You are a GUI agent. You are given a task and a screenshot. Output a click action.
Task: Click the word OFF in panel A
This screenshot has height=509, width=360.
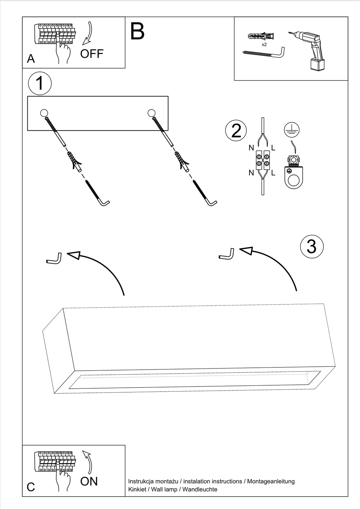pyautogui.click(x=92, y=54)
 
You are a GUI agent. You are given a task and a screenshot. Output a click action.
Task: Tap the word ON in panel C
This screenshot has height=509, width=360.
pyautogui.click(x=89, y=481)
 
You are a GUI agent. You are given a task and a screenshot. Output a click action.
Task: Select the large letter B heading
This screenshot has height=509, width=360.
pyautogui.click(x=138, y=31)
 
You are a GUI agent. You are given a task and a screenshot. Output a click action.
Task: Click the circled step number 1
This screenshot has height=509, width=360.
pyautogui.click(x=40, y=83)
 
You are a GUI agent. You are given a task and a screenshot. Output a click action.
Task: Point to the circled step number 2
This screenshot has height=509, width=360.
pyautogui.click(x=236, y=130)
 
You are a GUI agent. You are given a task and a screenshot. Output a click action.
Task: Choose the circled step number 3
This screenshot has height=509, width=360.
pyautogui.click(x=312, y=246)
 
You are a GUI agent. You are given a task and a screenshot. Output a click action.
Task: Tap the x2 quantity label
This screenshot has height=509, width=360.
pyautogui.click(x=264, y=45)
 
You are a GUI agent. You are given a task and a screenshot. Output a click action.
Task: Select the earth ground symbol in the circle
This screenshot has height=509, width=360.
pyautogui.click(x=292, y=129)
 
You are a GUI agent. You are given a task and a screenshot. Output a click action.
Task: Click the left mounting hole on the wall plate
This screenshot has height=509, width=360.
pyautogui.click(x=44, y=113)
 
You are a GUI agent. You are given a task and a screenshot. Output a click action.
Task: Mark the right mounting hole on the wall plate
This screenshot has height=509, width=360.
pyautogui.click(x=152, y=113)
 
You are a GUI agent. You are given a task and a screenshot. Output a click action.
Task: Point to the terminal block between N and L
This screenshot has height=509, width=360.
pyautogui.click(x=263, y=160)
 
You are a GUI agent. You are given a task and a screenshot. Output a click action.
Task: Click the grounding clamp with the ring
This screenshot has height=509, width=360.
pyautogui.click(x=293, y=173)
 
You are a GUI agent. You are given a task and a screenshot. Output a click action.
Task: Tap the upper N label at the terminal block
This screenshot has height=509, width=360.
pyautogui.click(x=251, y=148)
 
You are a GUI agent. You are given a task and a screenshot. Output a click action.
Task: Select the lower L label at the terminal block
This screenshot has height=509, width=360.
pyautogui.click(x=273, y=173)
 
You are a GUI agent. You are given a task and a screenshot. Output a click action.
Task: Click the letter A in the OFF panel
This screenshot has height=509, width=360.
pyautogui.click(x=31, y=59)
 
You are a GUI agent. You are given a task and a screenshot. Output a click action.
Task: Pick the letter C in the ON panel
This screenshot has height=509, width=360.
pyautogui.click(x=31, y=487)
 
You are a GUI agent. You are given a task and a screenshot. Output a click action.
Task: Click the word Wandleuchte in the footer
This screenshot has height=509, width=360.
pyautogui.click(x=200, y=490)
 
